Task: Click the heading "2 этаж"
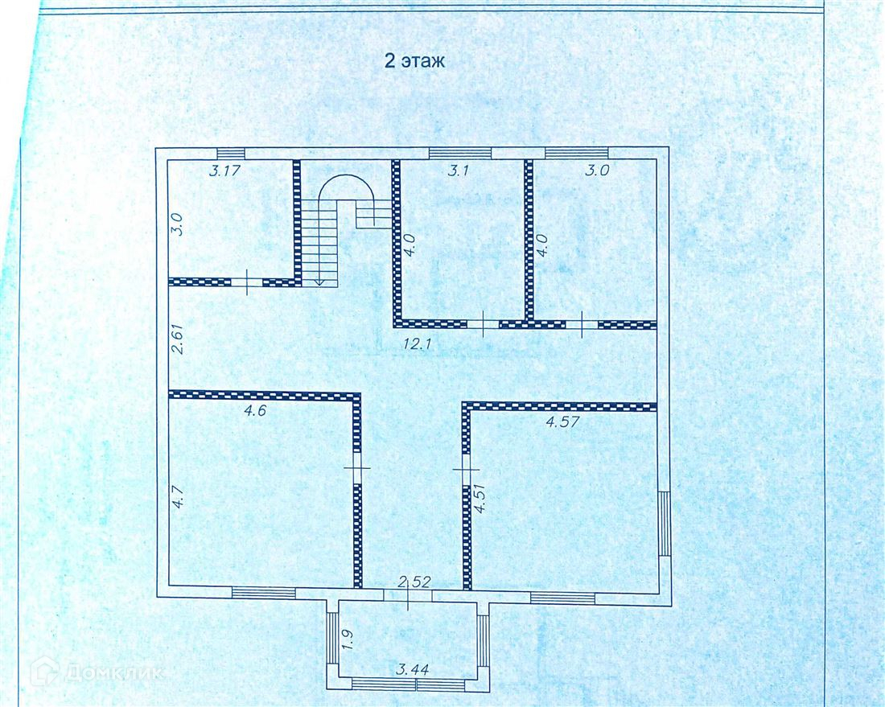pyautogui.click(x=414, y=60)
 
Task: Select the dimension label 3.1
pyautogui.click(x=458, y=170)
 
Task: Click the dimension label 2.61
pyautogui.click(x=179, y=338)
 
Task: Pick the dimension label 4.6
pyautogui.click(x=254, y=410)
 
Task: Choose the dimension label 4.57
pyautogui.click(x=563, y=421)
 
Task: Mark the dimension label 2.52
pyautogui.click(x=414, y=582)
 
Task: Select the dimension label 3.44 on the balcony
pyautogui.click(x=413, y=670)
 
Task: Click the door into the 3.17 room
pyautogui.click(x=247, y=282)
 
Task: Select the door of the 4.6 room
pyautogui.click(x=356, y=468)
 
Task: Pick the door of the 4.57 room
pyautogui.click(x=467, y=469)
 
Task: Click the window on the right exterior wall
pyautogui.click(x=665, y=524)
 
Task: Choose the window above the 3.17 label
pyautogui.click(x=232, y=154)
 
